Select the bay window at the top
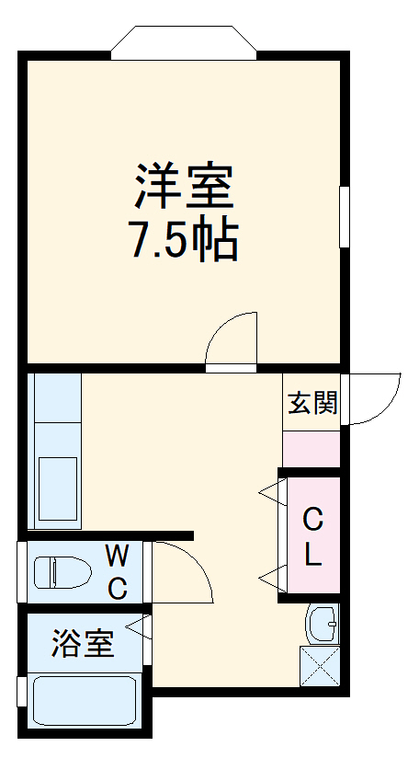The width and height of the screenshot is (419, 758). coord(183,42)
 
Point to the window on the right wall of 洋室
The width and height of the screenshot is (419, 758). coord(345,216)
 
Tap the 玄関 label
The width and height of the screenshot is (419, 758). coord(312,403)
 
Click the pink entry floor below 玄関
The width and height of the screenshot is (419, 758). coord(311,448)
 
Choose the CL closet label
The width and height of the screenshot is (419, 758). coord(312,537)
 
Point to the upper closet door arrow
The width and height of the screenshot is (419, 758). coord(271,492)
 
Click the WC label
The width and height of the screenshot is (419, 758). coord(117,570)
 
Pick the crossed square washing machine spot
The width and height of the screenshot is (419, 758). coord(320,667)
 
